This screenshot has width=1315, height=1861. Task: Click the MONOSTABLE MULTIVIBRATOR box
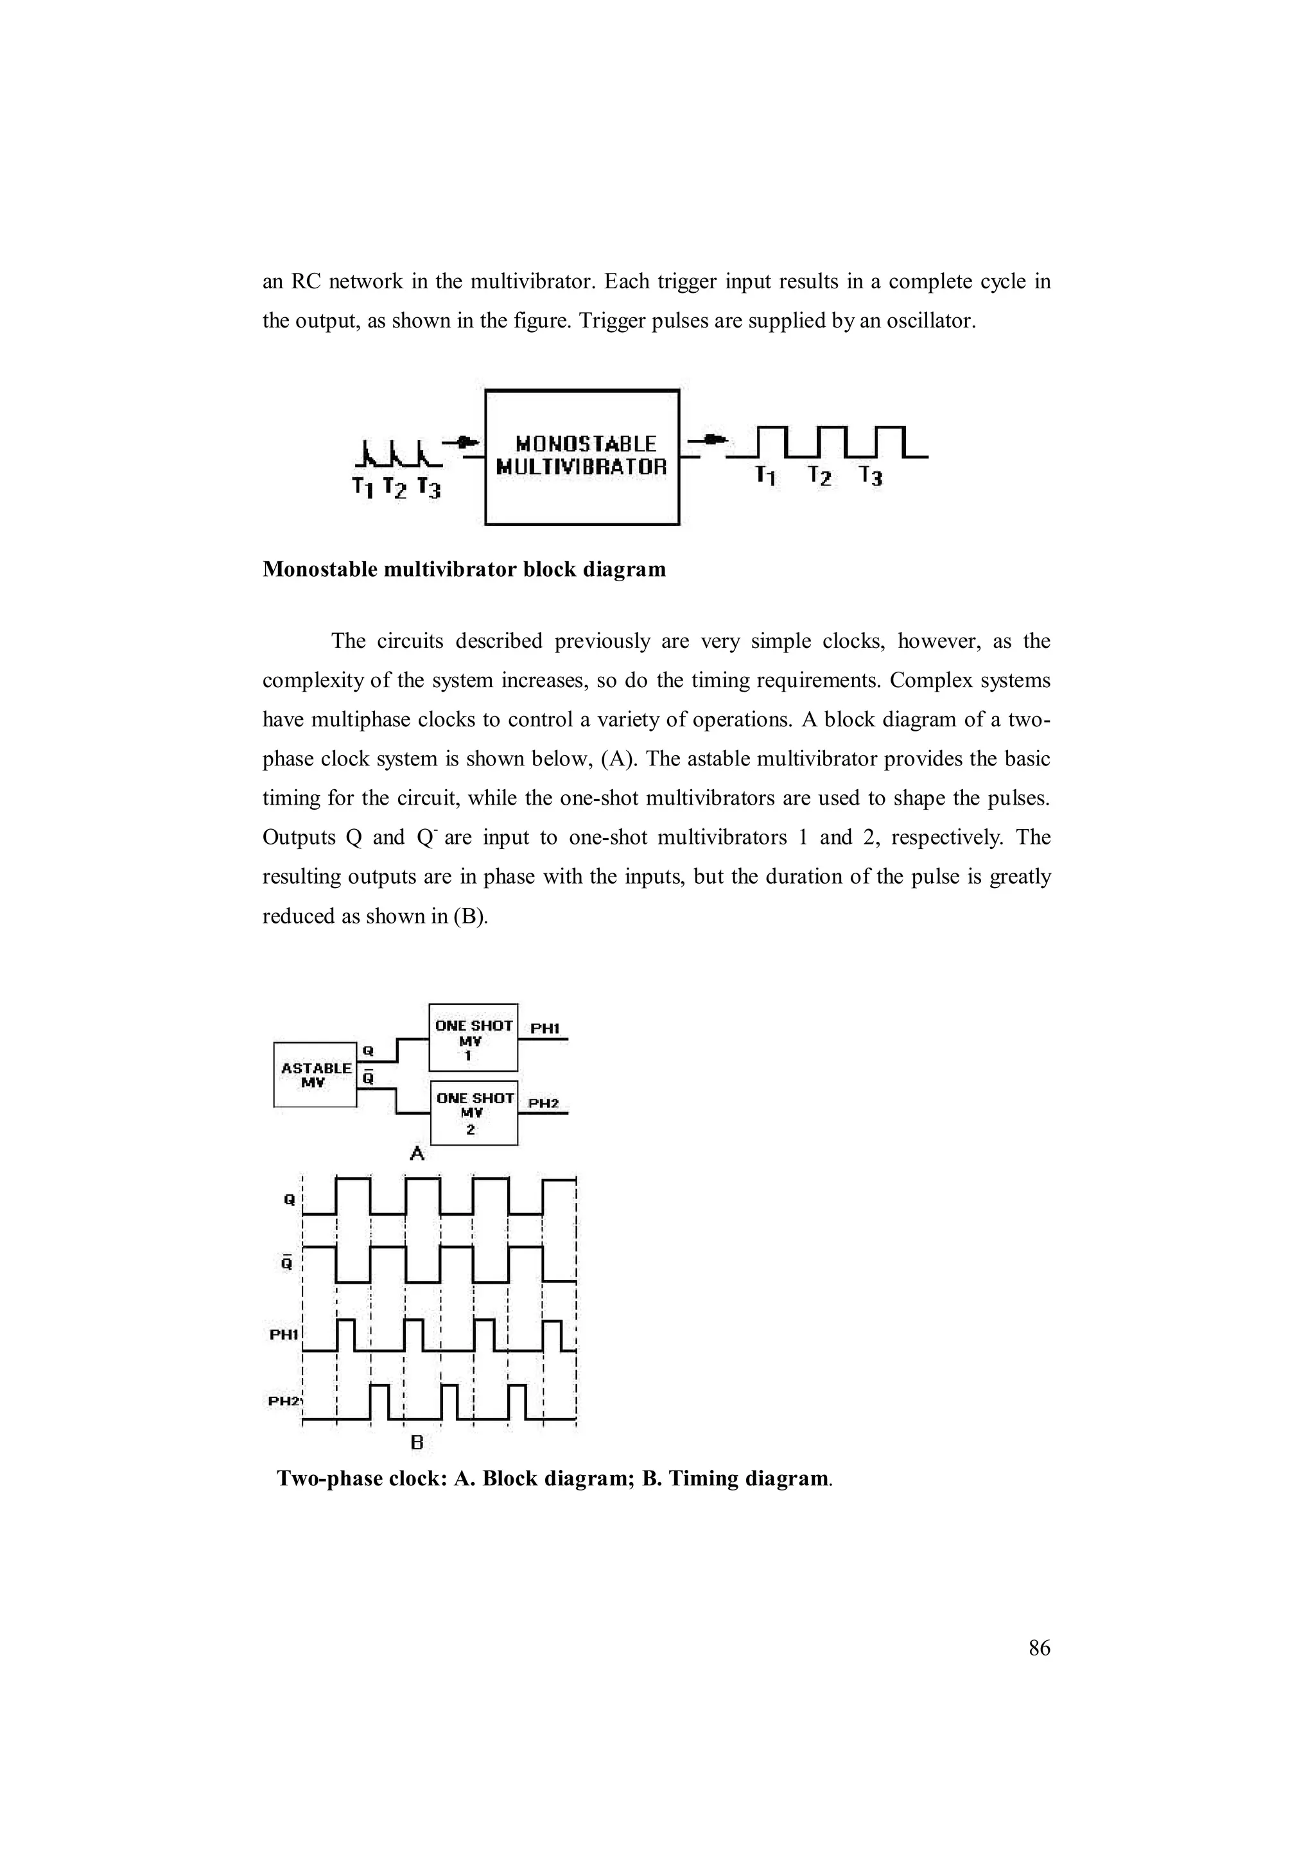point(582,457)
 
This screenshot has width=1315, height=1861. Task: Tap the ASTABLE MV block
point(315,1074)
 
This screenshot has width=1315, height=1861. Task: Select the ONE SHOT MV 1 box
point(473,1038)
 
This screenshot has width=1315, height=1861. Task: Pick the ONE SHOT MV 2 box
point(474,1112)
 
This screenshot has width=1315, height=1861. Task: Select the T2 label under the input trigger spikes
point(394,488)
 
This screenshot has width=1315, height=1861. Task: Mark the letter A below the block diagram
point(417,1153)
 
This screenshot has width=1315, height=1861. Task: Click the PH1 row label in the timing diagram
point(284,1335)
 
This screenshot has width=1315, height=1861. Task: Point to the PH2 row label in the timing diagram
point(284,1401)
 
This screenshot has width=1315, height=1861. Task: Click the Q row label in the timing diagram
point(289,1200)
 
